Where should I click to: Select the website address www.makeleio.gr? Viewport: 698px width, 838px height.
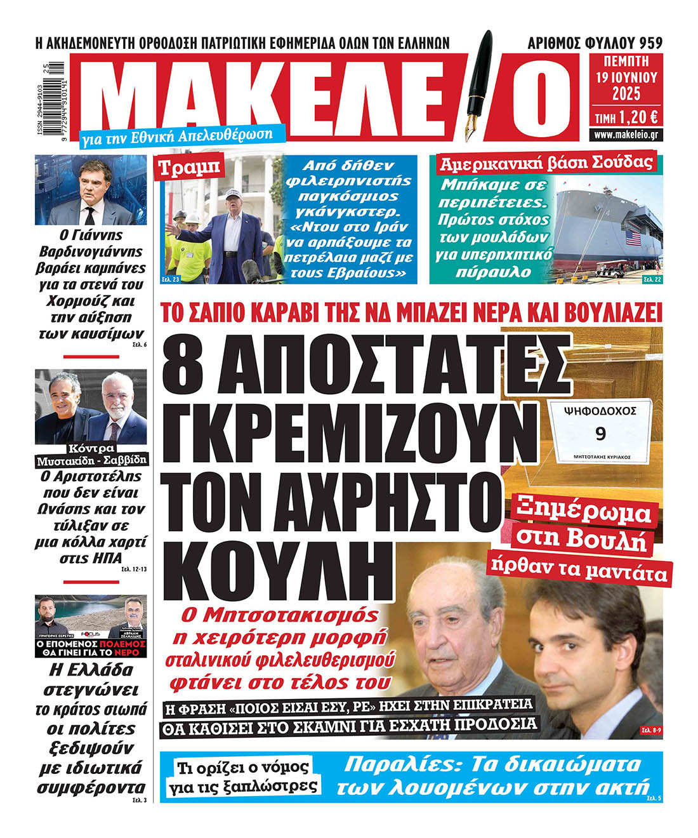coord(626,135)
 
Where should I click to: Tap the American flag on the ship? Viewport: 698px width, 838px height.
coord(634,239)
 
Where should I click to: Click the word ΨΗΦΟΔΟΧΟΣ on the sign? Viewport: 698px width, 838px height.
coord(600,411)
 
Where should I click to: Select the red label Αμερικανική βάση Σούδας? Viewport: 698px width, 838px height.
coord(546,163)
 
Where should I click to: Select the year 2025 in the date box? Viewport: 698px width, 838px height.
coord(626,95)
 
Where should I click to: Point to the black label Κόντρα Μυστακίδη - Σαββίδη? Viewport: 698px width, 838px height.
coord(91,453)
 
